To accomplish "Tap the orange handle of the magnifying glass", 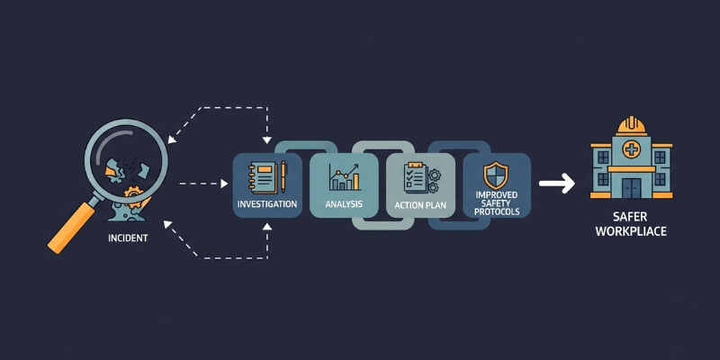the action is click(71, 228).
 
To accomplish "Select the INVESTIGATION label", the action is click(267, 204).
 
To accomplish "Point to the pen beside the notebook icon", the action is click(283, 176).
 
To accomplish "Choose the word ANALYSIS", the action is click(344, 203).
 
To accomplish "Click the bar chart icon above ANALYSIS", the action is click(344, 176).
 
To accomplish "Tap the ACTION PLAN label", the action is click(421, 204).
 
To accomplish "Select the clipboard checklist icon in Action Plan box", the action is click(415, 176).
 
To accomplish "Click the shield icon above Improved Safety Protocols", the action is click(496, 175).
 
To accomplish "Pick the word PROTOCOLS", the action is click(497, 212).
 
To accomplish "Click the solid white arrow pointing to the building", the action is click(556, 184).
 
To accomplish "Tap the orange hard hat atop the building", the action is click(632, 125).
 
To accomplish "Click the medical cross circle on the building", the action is click(632, 149).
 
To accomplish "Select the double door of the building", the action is click(632, 188).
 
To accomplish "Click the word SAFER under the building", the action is click(631, 218).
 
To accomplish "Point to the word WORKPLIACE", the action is click(631, 232).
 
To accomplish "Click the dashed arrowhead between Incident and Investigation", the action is click(224, 184).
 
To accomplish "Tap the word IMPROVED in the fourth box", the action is click(497, 194).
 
